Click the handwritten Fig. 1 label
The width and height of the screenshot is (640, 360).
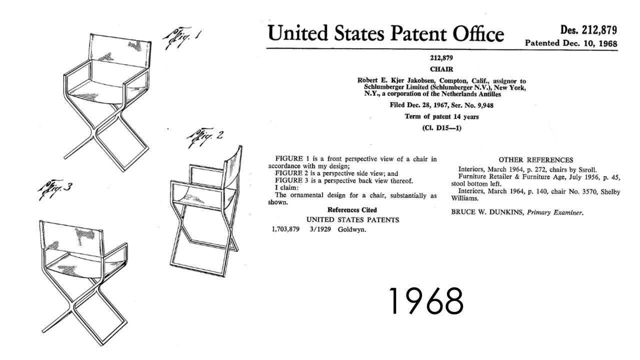coord(182,38)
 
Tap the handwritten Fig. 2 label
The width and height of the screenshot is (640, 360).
coord(204,137)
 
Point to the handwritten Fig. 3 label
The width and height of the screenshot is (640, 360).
coord(55,189)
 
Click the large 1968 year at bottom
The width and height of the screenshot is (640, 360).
coord(426,301)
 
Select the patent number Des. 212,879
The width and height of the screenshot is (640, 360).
coord(588,30)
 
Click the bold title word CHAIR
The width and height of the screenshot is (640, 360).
coord(441,69)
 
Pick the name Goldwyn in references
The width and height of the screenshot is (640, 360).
coord(351,229)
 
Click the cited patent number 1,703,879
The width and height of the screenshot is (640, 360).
coord(285,229)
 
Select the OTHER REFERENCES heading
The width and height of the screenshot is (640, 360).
coord(536,160)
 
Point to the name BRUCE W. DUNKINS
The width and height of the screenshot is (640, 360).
coord(487,212)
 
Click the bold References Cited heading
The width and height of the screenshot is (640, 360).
coord(352,210)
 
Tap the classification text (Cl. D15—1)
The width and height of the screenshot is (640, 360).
coord(441,128)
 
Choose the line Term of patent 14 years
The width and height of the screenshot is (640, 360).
coord(441,116)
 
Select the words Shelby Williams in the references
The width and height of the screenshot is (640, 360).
coord(535,195)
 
